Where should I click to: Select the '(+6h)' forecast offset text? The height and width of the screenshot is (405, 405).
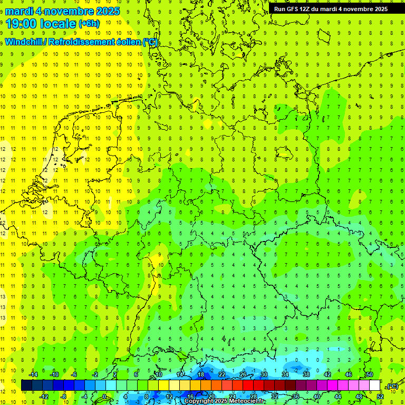[89, 24]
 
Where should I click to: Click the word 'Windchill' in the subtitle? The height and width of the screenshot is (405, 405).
[24, 42]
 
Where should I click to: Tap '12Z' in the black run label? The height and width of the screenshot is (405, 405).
[306, 8]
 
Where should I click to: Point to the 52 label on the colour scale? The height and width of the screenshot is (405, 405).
[380, 396]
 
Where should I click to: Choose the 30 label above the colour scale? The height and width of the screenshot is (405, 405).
[264, 374]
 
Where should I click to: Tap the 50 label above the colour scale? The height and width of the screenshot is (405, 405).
[370, 374]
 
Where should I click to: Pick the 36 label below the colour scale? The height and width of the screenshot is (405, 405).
[296, 396]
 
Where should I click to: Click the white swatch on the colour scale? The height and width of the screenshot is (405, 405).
[375, 385]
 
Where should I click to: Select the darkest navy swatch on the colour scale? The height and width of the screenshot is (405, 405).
[26, 385]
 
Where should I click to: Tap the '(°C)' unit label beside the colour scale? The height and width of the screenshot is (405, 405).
[392, 386]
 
